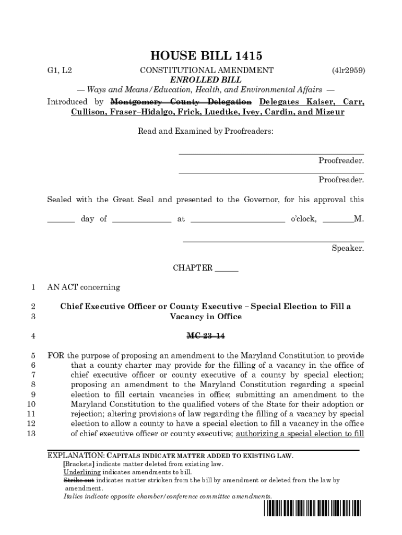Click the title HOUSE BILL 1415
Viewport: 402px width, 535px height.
[x=206, y=56]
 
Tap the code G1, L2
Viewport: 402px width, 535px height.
[x=60, y=70]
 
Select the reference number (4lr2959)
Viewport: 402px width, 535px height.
[x=348, y=70]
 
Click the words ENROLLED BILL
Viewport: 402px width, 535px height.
[x=206, y=80]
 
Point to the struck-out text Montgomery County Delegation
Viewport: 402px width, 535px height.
[x=182, y=101]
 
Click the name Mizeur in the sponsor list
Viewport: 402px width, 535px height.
[x=328, y=112]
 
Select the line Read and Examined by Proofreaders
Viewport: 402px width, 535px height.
[x=205, y=132]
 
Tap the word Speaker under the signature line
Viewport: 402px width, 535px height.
[x=348, y=248]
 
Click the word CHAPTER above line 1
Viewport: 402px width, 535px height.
[x=193, y=268]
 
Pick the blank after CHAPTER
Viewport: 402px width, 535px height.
[x=227, y=270]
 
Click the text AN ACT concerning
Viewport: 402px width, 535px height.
[x=84, y=287]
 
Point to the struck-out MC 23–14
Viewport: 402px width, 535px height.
[x=206, y=335]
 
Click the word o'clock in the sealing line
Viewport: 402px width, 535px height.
[x=303, y=219]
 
